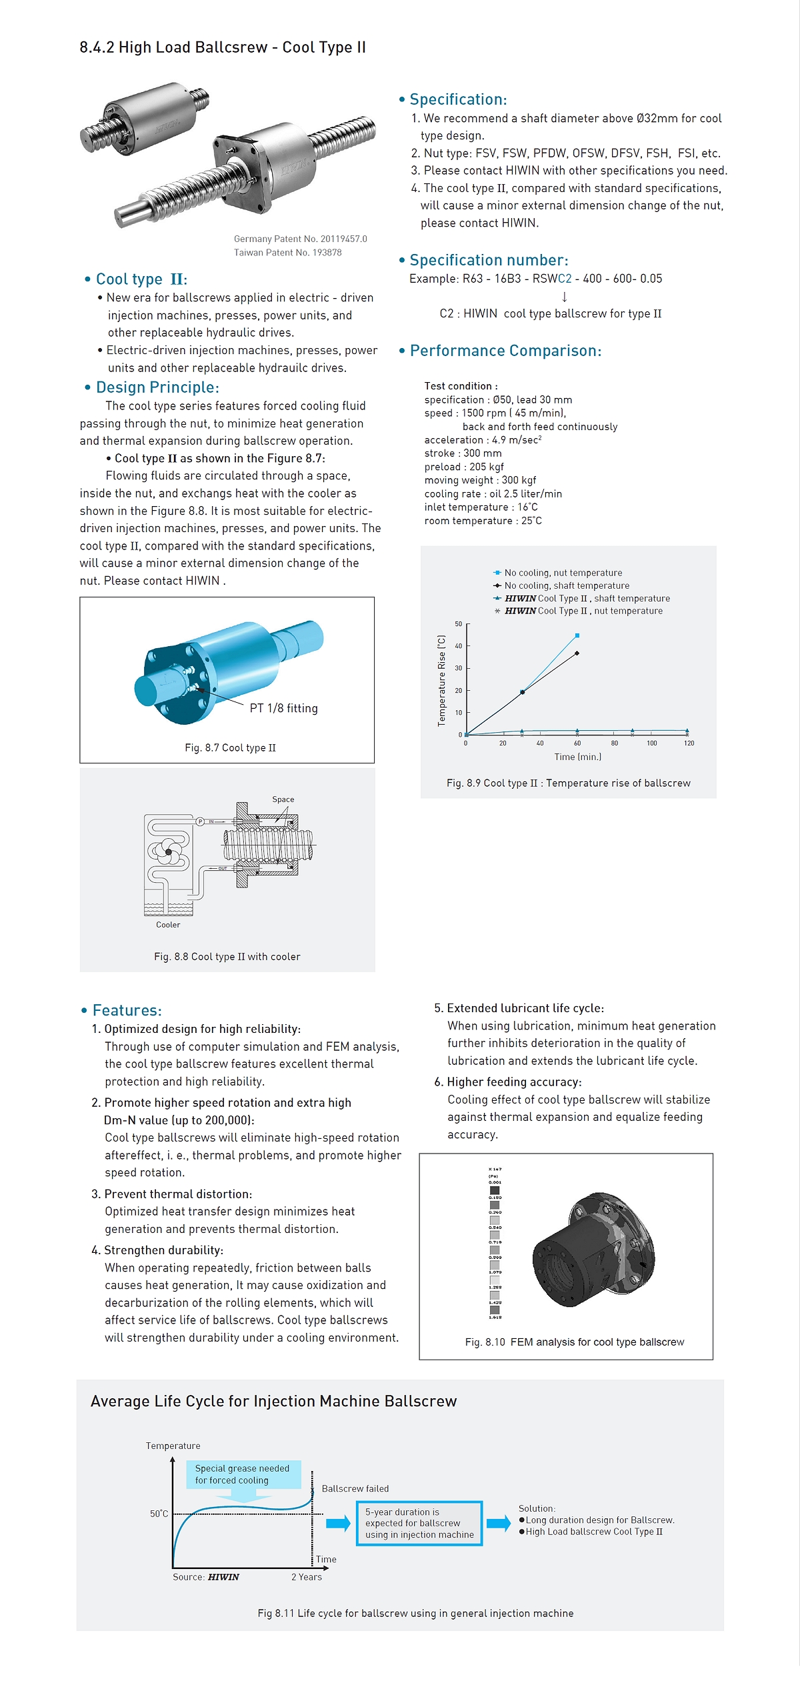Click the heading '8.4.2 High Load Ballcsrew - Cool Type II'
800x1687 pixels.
(x=223, y=47)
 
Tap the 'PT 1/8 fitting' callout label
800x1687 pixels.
(x=283, y=708)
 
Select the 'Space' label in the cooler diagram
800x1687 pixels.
(x=283, y=799)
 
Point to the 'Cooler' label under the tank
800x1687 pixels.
(x=168, y=925)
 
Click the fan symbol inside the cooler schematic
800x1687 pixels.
(x=169, y=852)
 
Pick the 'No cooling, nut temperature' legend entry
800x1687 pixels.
(x=563, y=573)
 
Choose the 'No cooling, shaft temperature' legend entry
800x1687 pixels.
(x=566, y=585)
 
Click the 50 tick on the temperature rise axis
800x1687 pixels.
(x=459, y=624)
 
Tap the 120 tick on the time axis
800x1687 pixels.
(x=689, y=743)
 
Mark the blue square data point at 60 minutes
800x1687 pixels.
(x=577, y=635)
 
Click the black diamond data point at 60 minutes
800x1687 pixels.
(x=577, y=653)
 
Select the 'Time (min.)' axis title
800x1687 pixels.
(x=577, y=757)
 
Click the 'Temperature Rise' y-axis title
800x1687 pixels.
(x=441, y=680)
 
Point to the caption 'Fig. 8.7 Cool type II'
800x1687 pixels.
(x=230, y=748)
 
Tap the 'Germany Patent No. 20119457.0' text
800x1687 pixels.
(x=300, y=239)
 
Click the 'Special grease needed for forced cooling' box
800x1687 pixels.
(x=242, y=1474)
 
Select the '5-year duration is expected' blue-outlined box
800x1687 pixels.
(x=419, y=1523)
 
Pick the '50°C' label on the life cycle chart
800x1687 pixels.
(x=159, y=1514)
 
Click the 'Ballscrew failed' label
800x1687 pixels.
(x=355, y=1488)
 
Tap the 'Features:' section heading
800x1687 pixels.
(x=127, y=1010)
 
